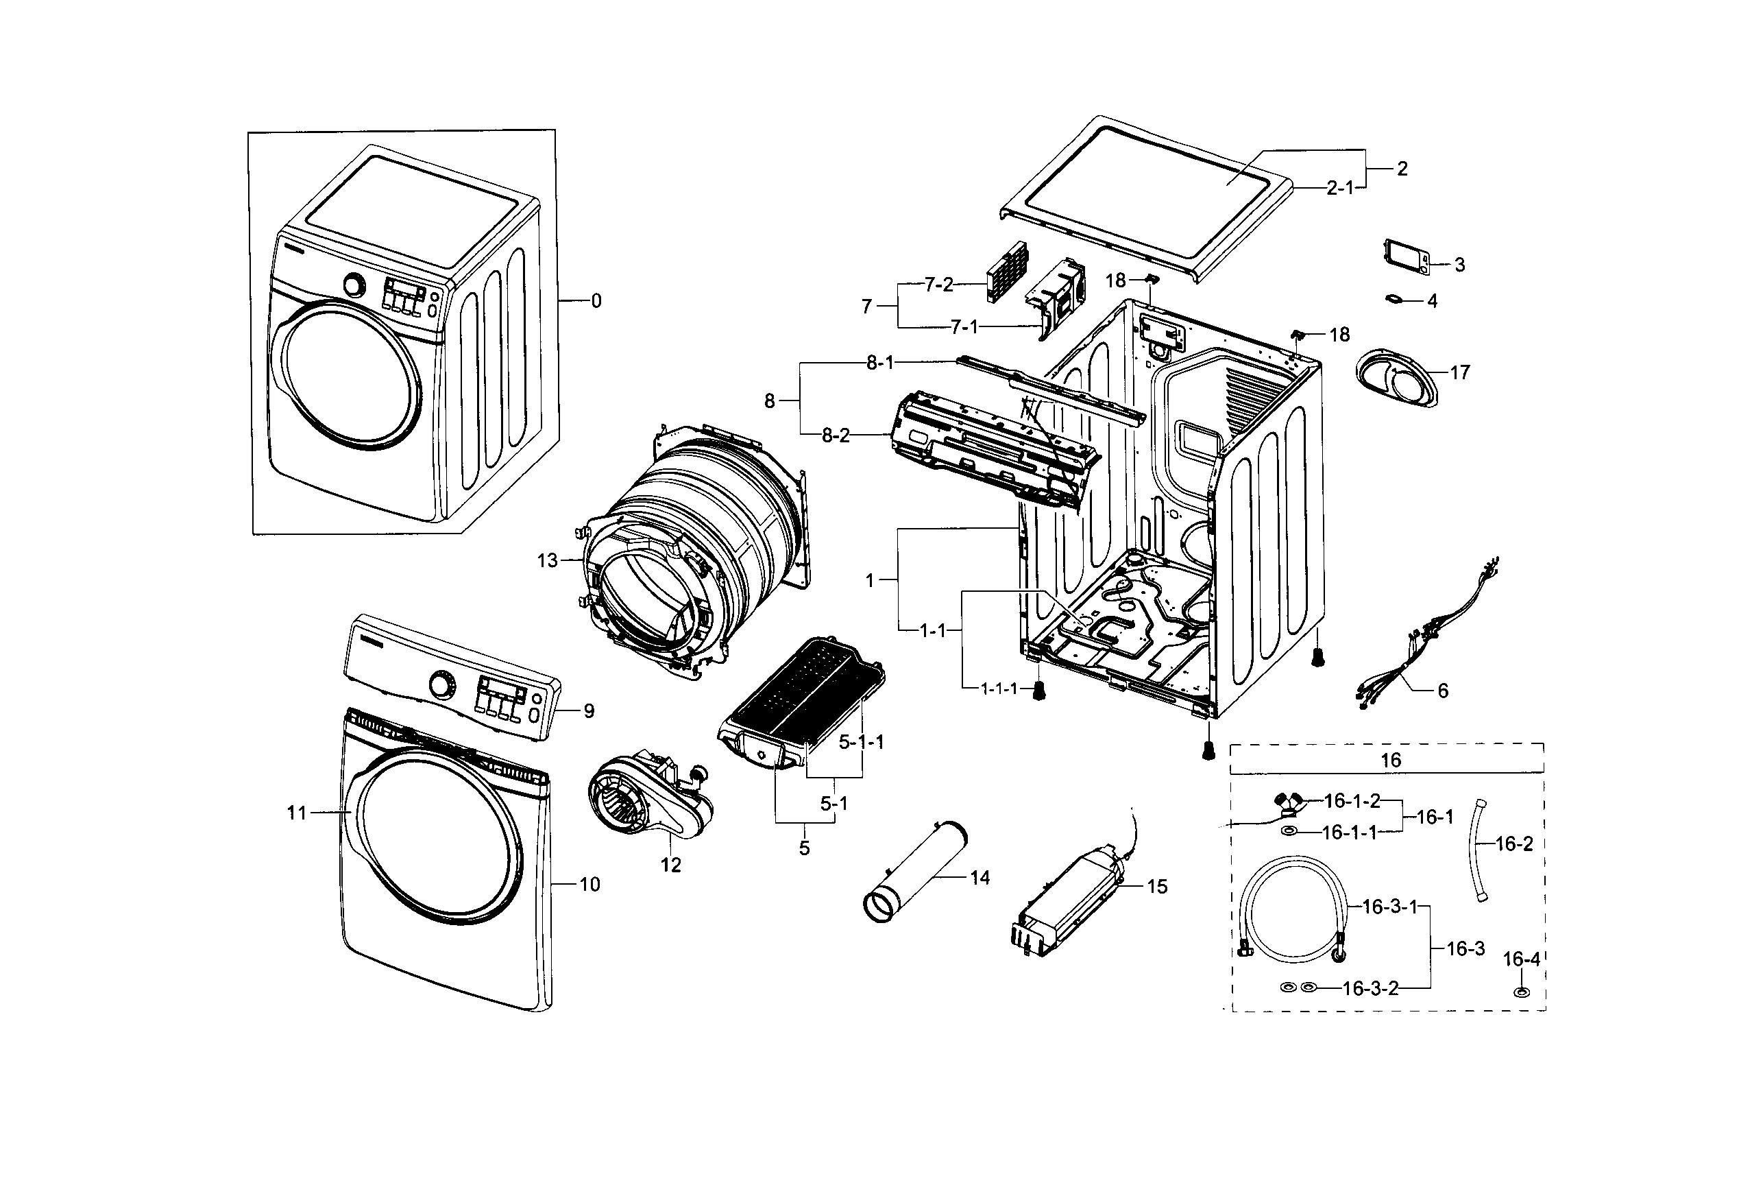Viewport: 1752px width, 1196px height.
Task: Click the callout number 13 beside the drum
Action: (x=546, y=560)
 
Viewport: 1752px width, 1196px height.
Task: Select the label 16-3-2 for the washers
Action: (x=1370, y=988)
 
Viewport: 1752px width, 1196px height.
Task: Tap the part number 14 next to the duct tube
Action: (x=980, y=877)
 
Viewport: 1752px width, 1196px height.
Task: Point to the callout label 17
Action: (x=1459, y=372)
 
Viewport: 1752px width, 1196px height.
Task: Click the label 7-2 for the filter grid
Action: (x=938, y=285)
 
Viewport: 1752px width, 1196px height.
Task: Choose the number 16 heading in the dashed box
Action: (x=1390, y=759)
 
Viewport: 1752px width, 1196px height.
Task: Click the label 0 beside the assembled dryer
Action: (x=596, y=301)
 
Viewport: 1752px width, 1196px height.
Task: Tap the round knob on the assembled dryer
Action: (x=354, y=285)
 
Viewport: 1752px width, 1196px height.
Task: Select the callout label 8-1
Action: (x=879, y=363)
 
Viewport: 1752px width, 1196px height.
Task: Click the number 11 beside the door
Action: (x=297, y=812)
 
